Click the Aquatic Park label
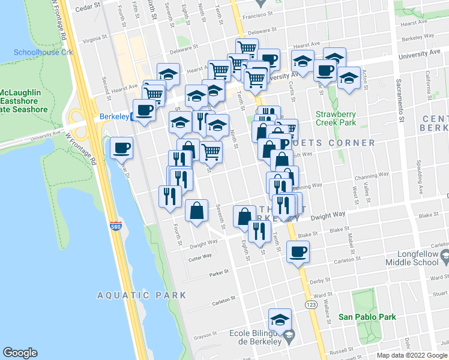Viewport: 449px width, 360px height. (x=142, y=295)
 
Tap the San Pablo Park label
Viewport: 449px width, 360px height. (x=367, y=316)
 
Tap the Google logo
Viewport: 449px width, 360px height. (x=20, y=353)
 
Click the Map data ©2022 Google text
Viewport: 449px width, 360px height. (x=411, y=355)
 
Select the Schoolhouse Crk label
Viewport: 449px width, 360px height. (x=43, y=52)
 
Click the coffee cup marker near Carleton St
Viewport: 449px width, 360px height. (x=297, y=252)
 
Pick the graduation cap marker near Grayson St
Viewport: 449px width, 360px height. (x=280, y=319)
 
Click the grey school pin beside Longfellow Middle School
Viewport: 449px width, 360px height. (x=445, y=258)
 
